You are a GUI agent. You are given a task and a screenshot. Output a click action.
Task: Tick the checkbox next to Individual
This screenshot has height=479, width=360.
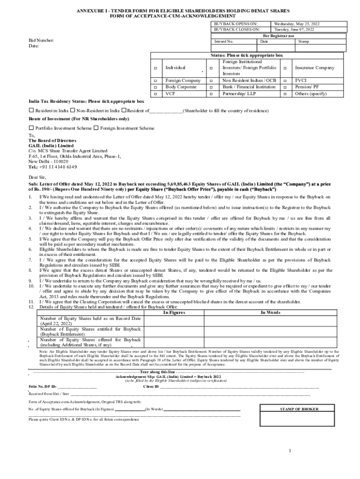[x=156, y=68]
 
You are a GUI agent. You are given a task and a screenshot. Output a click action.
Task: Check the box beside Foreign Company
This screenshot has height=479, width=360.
[x=156, y=80]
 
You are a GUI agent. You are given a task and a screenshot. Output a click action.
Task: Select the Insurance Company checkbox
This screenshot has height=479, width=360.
[x=285, y=68]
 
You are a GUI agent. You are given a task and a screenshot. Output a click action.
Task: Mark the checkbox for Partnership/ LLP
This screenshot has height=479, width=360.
[x=212, y=94]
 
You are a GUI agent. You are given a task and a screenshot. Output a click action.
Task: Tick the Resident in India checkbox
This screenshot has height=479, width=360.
[x=31, y=110]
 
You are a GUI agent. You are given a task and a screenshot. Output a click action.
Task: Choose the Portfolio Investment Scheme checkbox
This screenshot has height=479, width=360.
[x=31, y=128]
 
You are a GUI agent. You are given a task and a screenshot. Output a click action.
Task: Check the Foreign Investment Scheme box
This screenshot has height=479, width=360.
[x=96, y=128]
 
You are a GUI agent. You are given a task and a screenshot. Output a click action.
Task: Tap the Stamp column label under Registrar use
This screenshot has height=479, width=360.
[x=303, y=42]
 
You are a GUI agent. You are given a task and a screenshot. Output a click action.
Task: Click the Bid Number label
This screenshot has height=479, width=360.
[x=41, y=41]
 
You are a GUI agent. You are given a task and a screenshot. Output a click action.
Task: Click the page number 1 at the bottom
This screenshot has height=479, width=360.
[x=290, y=451]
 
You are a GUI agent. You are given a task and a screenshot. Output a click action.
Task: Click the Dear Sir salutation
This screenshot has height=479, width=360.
[x=37, y=178]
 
